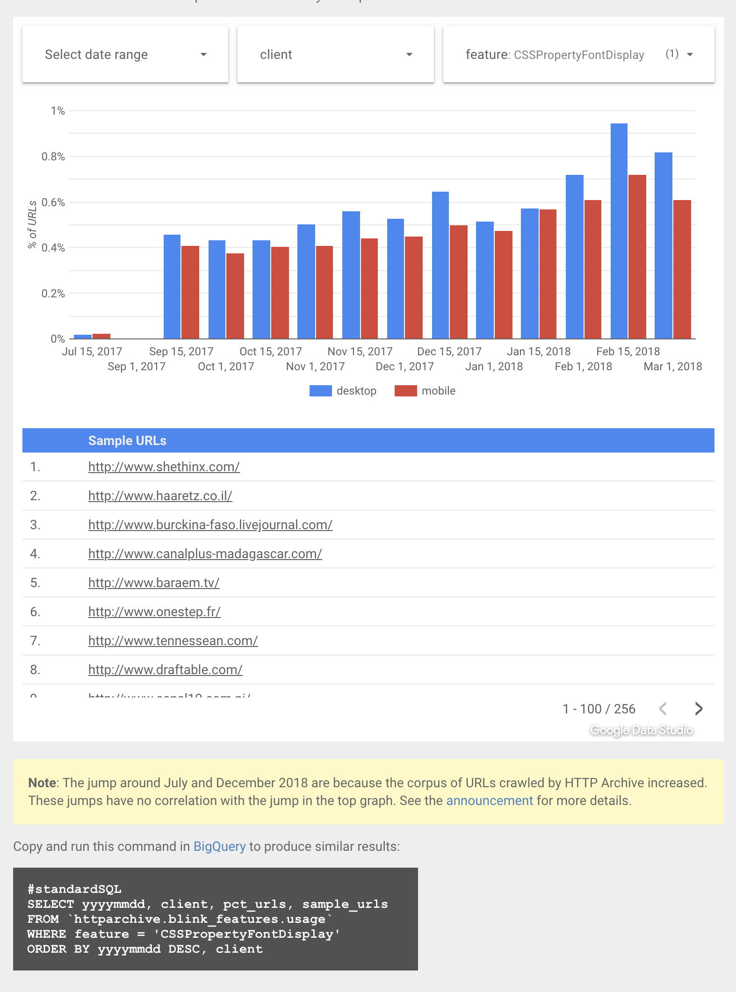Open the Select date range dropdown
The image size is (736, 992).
(125, 55)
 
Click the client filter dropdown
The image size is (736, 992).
(335, 55)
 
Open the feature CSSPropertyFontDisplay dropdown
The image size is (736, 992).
(578, 55)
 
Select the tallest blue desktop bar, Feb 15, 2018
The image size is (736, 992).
(619, 231)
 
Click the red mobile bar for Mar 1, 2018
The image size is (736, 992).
(682, 269)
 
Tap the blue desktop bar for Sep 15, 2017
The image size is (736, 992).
(172, 287)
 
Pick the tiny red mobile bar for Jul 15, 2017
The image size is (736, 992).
(101, 336)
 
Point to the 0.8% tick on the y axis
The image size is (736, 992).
(53, 157)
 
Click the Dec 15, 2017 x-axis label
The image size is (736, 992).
(449, 352)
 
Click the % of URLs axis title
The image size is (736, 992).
(32, 224)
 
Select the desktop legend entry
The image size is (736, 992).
(343, 391)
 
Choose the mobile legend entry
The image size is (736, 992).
(426, 391)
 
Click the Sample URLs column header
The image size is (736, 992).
(127, 440)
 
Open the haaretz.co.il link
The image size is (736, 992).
(160, 496)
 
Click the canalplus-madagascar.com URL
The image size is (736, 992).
(205, 554)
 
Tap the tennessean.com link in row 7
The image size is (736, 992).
(173, 640)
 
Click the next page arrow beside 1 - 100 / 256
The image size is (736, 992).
(699, 709)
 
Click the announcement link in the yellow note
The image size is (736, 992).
(489, 800)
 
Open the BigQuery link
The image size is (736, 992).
(219, 846)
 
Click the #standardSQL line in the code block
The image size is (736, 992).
(74, 889)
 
